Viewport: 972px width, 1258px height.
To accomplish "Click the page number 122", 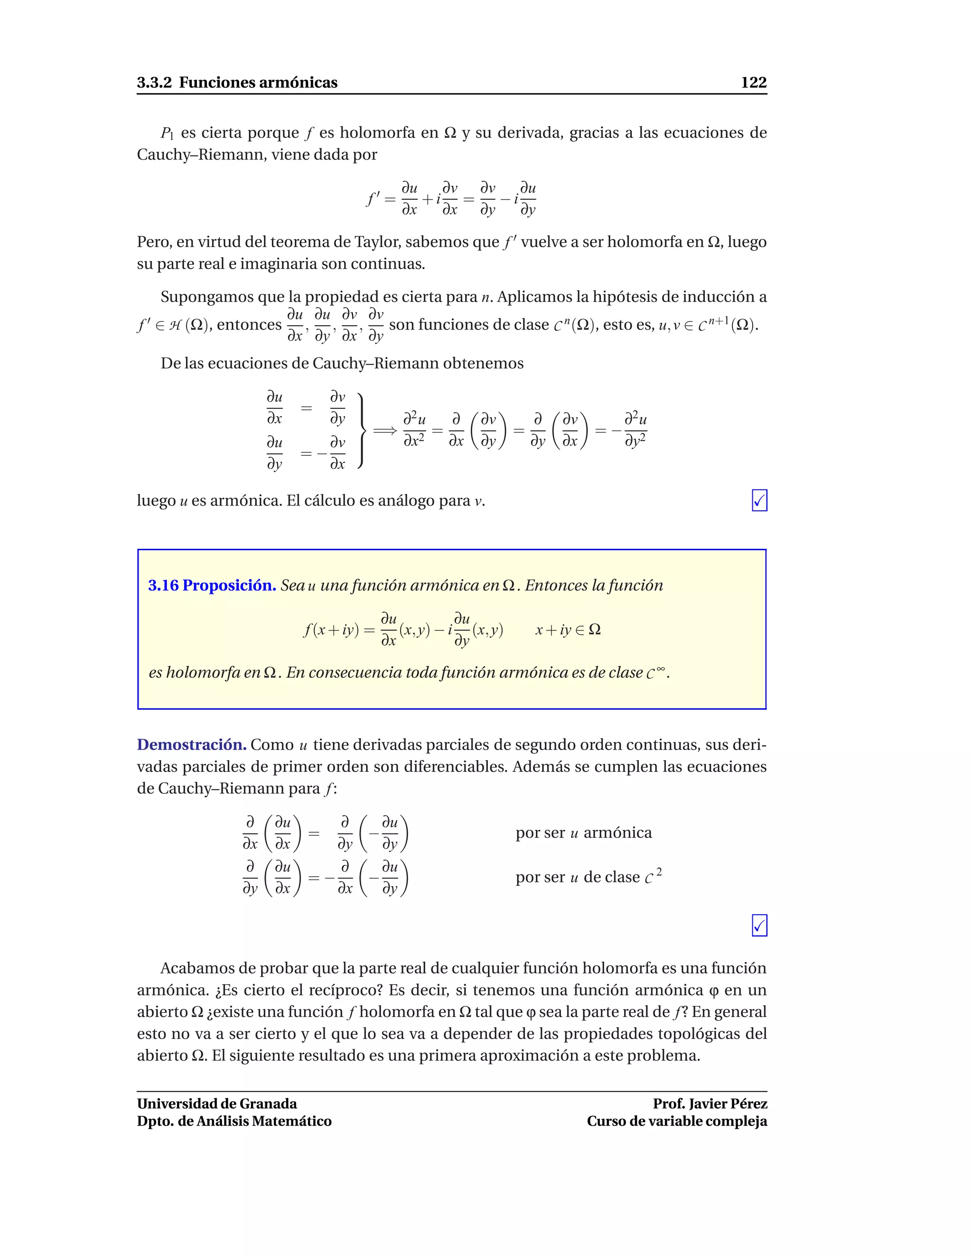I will click(x=753, y=83).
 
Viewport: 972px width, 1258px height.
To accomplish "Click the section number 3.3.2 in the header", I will click(x=154, y=83).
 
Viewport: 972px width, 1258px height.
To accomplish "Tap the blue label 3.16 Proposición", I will click(x=212, y=585).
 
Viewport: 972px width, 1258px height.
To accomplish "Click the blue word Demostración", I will click(x=192, y=745).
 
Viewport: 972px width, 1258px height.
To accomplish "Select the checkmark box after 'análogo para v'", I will click(x=759, y=500).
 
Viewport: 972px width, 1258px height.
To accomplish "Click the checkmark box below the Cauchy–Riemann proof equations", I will click(x=759, y=926).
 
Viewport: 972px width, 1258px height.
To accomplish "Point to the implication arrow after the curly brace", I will click(x=385, y=430).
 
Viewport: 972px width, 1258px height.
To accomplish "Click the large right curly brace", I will click(x=362, y=430).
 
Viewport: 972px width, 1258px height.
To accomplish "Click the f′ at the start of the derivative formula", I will click(x=373, y=199).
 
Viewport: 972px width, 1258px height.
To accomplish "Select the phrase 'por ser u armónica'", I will click(x=583, y=833).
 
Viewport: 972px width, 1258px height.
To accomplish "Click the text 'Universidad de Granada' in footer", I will click(x=216, y=1104).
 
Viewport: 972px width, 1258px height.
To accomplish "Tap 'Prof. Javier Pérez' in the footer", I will click(x=710, y=1104).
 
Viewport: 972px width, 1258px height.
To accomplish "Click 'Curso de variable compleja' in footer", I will click(x=677, y=1121).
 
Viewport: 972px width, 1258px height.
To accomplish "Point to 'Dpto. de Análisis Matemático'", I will click(x=234, y=1121).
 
